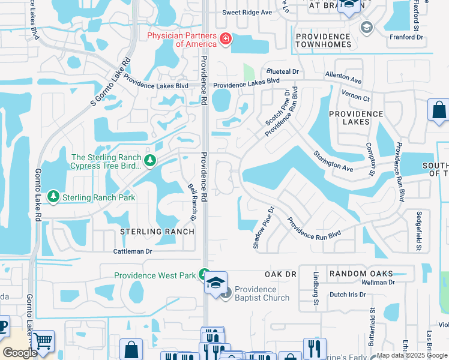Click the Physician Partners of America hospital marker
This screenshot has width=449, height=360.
click(x=226, y=40)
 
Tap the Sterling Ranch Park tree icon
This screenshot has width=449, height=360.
click(x=53, y=197)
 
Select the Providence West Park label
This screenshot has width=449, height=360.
click(x=155, y=275)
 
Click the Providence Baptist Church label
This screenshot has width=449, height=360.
click(x=262, y=293)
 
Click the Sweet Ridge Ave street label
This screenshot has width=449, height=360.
click(x=247, y=12)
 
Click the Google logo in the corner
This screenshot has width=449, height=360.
click(x=20, y=353)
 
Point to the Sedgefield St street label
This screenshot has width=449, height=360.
click(x=418, y=230)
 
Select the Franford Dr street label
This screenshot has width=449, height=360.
click(x=406, y=37)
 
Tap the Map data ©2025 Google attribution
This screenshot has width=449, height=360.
click(x=412, y=355)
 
